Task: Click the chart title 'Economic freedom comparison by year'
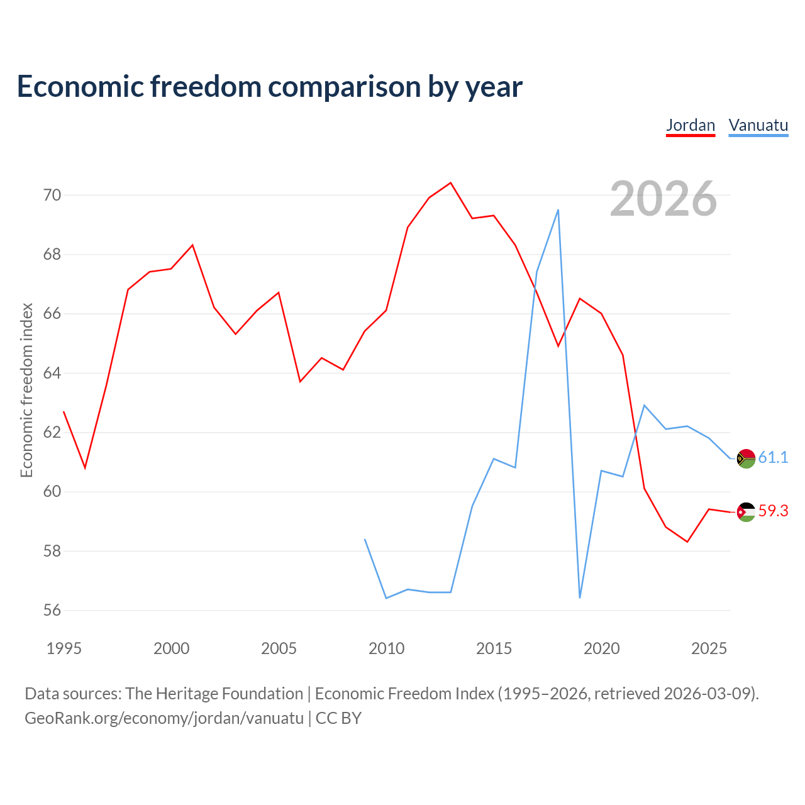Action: click(x=269, y=86)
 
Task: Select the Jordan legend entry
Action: click(x=690, y=126)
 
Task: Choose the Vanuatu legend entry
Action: click(x=758, y=126)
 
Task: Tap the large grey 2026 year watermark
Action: click(x=663, y=198)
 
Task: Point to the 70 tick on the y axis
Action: click(x=52, y=195)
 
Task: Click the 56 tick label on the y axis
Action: click(x=52, y=610)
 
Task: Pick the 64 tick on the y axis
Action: click(x=52, y=373)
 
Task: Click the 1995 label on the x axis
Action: click(x=64, y=648)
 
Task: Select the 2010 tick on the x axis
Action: click(x=386, y=648)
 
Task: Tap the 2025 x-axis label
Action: click(x=709, y=648)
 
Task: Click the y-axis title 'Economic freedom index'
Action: click(x=27, y=390)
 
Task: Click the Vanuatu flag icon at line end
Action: click(x=746, y=458)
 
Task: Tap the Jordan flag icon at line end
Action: click(x=746, y=512)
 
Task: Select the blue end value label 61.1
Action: click(x=774, y=457)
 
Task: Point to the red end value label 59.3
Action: click(x=774, y=511)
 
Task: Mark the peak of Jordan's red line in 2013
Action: click(x=451, y=183)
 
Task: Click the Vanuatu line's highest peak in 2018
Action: click(x=558, y=210)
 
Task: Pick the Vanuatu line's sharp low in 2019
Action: click(x=580, y=597)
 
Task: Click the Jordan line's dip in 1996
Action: click(x=86, y=468)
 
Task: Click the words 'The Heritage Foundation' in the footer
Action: click(x=214, y=694)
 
